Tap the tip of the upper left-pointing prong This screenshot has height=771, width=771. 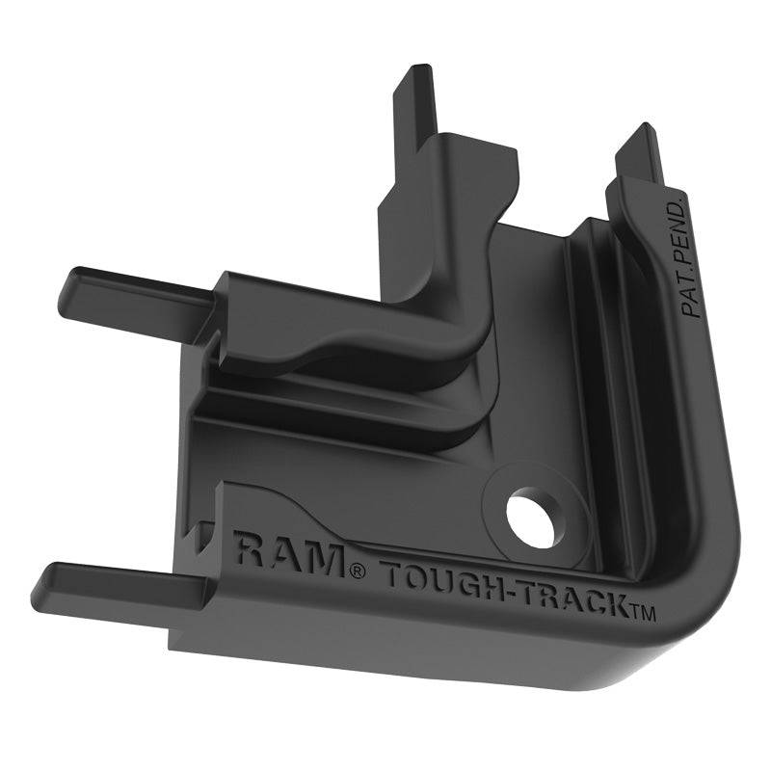click(x=69, y=285)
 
